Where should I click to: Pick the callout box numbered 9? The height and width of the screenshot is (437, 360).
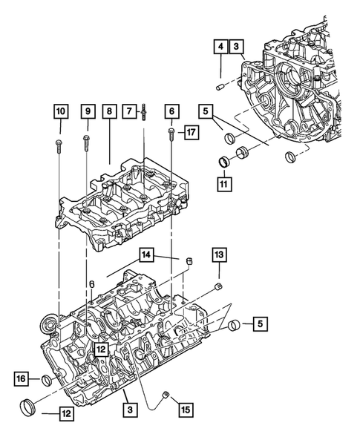click(x=88, y=112)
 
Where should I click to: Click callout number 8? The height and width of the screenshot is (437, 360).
click(x=110, y=112)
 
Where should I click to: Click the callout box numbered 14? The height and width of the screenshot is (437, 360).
click(x=146, y=256)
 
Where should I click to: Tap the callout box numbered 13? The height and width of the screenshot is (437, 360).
click(x=219, y=256)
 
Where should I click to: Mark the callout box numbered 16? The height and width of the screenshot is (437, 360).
click(x=22, y=380)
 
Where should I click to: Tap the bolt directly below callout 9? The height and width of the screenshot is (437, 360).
click(x=88, y=137)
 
